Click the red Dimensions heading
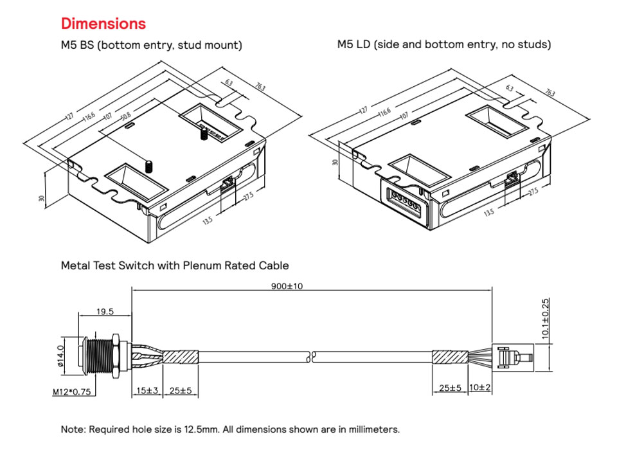103,24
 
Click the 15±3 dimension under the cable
147,390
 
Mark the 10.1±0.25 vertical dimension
546,319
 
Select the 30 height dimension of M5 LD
334,162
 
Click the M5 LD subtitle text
444,45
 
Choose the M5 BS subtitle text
151,45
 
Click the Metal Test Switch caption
175,265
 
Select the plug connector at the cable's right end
511,357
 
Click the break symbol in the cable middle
312,355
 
